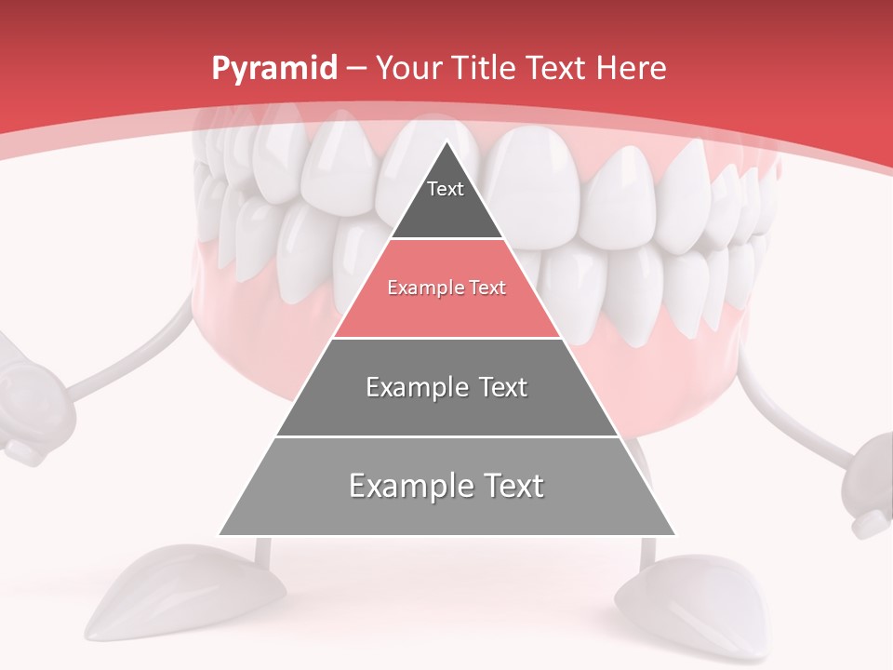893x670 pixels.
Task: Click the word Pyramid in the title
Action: point(273,69)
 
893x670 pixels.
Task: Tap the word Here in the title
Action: point(632,68)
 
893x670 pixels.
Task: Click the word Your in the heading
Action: point(410,68)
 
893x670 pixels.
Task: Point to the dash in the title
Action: point(356,69)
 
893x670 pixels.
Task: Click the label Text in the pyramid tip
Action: point(446,189)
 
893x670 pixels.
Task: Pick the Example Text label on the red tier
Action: point(446,288)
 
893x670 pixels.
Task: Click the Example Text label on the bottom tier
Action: point(446,486)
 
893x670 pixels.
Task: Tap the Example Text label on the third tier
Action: point(446,387)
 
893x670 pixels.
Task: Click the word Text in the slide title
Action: point(554,68)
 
